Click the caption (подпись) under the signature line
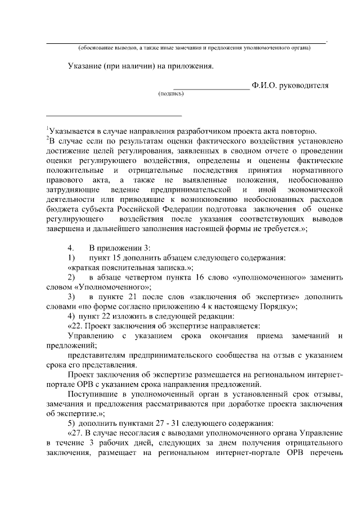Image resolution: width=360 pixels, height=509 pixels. [171, 94]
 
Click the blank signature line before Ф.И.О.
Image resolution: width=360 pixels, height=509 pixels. [211, 88]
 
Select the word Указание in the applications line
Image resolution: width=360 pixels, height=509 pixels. [84, 66]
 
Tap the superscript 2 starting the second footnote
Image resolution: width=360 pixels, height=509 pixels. [47, 137]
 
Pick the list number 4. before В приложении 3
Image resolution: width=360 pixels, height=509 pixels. [71, 247]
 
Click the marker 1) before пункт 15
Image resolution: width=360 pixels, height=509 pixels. [71, 258]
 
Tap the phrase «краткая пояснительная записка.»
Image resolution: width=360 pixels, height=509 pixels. [130, 268]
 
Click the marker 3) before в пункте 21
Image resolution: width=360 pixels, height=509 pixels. [71, 298]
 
